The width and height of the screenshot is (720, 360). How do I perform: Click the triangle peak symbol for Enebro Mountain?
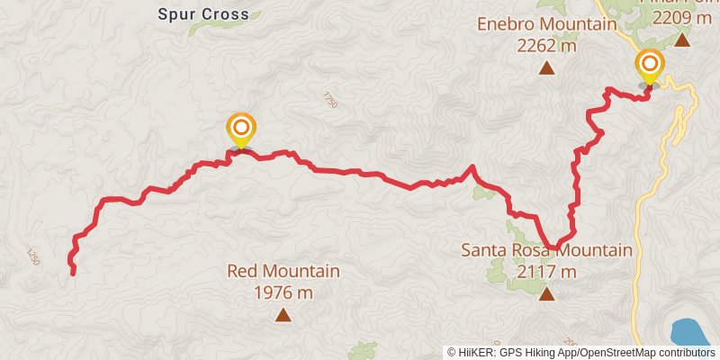point(546,67)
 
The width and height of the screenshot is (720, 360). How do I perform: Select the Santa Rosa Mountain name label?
point(546,250)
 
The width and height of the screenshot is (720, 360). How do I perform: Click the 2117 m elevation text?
point(546,271)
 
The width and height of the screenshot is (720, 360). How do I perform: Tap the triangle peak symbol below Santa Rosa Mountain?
point(546,293)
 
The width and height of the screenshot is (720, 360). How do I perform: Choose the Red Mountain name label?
point(283,271)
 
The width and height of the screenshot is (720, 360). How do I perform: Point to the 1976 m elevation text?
point(283,292)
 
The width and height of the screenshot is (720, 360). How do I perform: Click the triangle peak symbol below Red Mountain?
point(283,314)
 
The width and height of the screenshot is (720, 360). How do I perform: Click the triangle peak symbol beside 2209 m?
point(682,40)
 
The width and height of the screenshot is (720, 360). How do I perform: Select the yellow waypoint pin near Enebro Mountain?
point(649,66)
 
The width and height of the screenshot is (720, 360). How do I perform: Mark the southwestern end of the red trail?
point(73,273)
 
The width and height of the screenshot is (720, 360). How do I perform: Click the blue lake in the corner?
point(694,331)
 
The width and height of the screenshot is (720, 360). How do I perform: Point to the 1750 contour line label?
point(328,99)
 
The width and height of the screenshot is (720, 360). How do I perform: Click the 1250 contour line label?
point(34,256)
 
